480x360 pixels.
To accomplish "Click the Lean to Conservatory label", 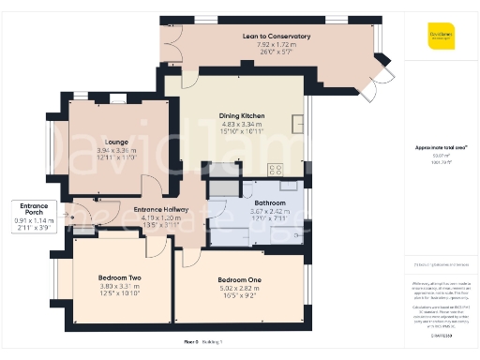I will [x=276, y=37].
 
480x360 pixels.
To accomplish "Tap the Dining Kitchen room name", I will [x=242, y=115].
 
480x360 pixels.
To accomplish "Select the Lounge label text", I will [x=103, y=141].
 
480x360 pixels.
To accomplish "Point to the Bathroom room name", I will [x=269, y=202].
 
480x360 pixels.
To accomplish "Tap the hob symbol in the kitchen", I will [x=276, y=170].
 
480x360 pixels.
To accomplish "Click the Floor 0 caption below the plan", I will [x=190, y=343].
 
